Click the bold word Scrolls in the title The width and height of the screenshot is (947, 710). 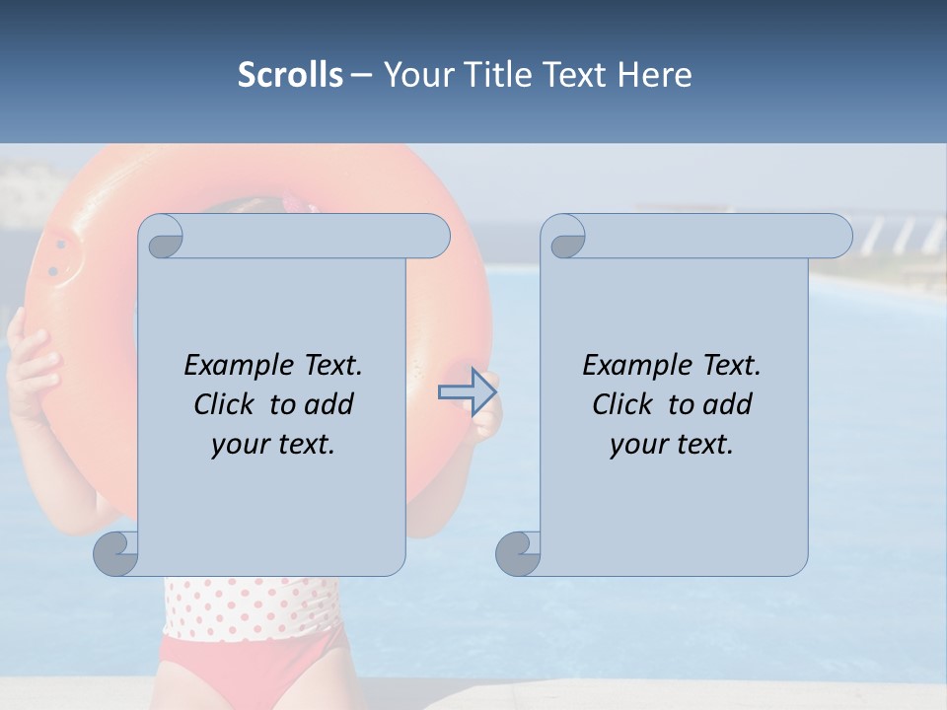click(x=290, y=75)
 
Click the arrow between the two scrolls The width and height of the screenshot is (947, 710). click(x=466, y=391)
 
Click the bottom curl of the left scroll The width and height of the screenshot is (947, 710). click(x=116, y=553)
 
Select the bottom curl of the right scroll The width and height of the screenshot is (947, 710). click(x=518, y=553)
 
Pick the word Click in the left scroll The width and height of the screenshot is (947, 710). click(x=224, y=404)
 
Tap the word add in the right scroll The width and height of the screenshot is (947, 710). click(x=728, y=404)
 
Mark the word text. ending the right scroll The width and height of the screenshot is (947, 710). click(x=701, y=445)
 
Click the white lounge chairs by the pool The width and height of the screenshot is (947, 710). click(x=898, y=237)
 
